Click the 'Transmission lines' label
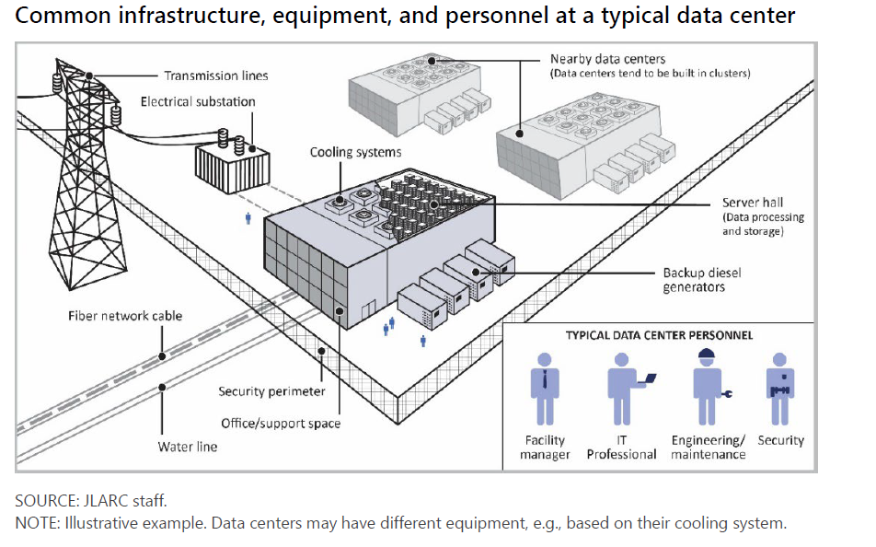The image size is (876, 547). point(216,76)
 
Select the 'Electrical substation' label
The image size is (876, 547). point(198,101)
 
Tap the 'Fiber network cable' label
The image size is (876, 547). point(125,316)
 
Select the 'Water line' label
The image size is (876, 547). point(188,447)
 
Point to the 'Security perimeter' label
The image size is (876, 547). point(271,391)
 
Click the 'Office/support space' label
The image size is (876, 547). point(281,424)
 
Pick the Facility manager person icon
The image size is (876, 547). point(546,387)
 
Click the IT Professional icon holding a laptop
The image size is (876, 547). point(622,387)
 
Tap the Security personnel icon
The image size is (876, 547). point(780,387)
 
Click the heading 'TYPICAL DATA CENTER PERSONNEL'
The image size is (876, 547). point(659,335)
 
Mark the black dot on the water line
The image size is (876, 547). point(162,388)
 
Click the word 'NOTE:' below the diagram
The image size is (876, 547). point(35,524)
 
